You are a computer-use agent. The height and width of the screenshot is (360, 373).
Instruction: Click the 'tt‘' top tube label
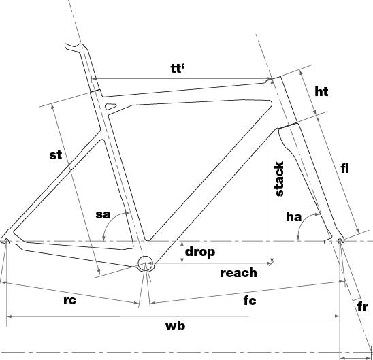coord(178,68)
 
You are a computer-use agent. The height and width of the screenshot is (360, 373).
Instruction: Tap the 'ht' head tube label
coord(321,92)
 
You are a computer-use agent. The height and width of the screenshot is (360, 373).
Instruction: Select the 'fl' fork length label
coord(344,168)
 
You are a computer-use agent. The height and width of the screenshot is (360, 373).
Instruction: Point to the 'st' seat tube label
coord(56,154)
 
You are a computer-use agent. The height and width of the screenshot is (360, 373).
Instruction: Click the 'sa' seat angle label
coord(103,214)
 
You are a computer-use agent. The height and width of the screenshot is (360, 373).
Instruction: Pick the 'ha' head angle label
coord(294,217)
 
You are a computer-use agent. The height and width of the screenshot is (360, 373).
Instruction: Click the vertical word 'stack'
coord(279,179)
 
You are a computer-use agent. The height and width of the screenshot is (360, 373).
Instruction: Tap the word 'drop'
coord(200,252)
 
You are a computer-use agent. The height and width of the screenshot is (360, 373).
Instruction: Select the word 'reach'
coord(238,273)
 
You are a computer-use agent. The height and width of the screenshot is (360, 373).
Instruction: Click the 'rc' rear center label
coord(69,300)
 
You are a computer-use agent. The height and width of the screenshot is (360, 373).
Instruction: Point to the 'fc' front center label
coord(250,301)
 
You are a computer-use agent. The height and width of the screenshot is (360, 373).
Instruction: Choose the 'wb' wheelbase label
coord(176,326)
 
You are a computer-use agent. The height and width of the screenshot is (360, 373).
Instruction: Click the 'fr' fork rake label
coord(363,307)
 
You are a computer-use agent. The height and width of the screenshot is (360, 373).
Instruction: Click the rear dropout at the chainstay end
coord(6,240)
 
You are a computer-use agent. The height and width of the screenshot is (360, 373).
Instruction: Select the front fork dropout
coord(340,240)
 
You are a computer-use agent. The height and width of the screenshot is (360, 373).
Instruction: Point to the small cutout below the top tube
coord(110,106)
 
